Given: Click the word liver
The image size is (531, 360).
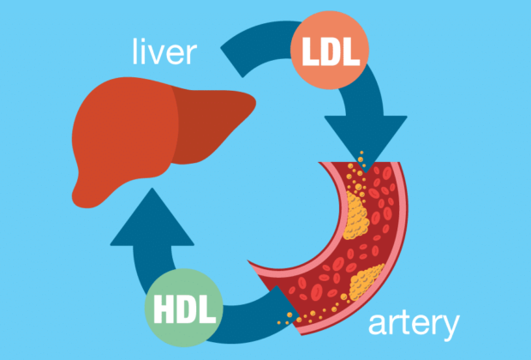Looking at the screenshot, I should point(164,52).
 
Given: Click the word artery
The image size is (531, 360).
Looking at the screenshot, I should point(414,325).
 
